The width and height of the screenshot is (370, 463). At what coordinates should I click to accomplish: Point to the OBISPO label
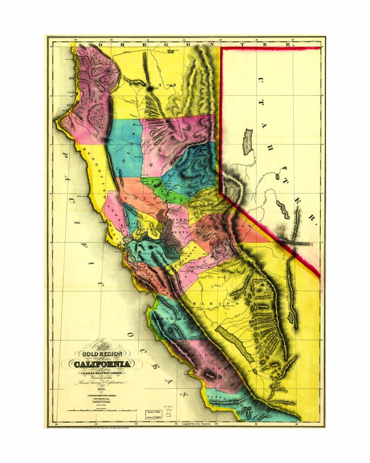coord(215,368)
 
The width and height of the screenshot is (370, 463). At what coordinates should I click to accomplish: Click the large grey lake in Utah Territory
coord(247,142)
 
